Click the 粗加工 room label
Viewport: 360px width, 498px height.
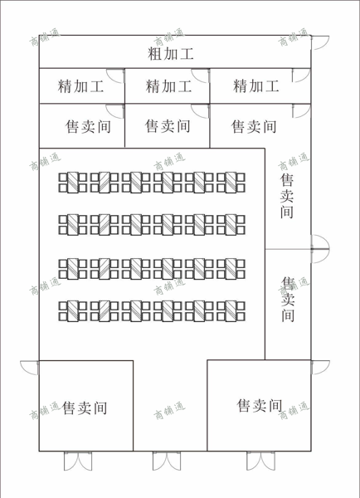(171, 53)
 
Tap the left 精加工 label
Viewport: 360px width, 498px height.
(80, 86)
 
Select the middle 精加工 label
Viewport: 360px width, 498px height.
(168, 86)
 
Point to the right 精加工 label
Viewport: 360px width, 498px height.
(255, 85)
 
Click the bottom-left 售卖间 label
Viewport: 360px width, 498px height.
(85, 408)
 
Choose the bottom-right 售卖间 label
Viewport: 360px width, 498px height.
(260, 406)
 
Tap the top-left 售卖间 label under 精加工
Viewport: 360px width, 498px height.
(88, 126)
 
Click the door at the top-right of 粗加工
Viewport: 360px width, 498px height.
(319, 43)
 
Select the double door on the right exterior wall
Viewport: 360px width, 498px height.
(320, 249)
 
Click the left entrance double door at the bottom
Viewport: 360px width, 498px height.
(78, 461)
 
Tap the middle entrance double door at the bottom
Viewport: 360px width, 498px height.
(167, 461)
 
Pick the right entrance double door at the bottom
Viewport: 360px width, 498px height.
(261, 461)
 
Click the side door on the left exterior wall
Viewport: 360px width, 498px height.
(30, 368)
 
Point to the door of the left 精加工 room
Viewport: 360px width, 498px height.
(115, 76)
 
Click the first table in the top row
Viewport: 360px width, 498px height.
(73, 183)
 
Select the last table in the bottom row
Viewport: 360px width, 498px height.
(231, 310)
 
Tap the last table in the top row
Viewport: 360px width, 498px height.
(231, 183)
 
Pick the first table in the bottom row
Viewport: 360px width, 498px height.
(73, 310)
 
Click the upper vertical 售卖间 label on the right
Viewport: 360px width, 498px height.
(287, 196)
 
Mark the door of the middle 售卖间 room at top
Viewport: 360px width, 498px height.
(200, 111)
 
